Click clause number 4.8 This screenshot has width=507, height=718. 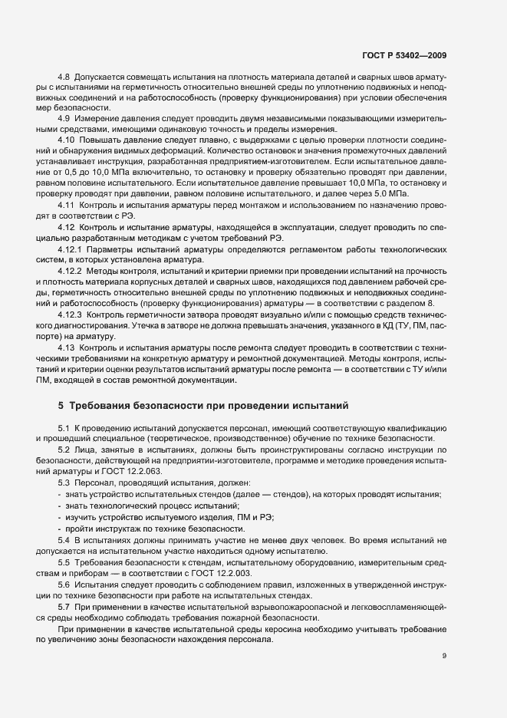[64, 78]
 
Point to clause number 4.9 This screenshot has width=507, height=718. [64, 118]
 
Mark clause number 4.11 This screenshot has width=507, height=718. [66, 209]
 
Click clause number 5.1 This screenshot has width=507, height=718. [64, 427]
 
